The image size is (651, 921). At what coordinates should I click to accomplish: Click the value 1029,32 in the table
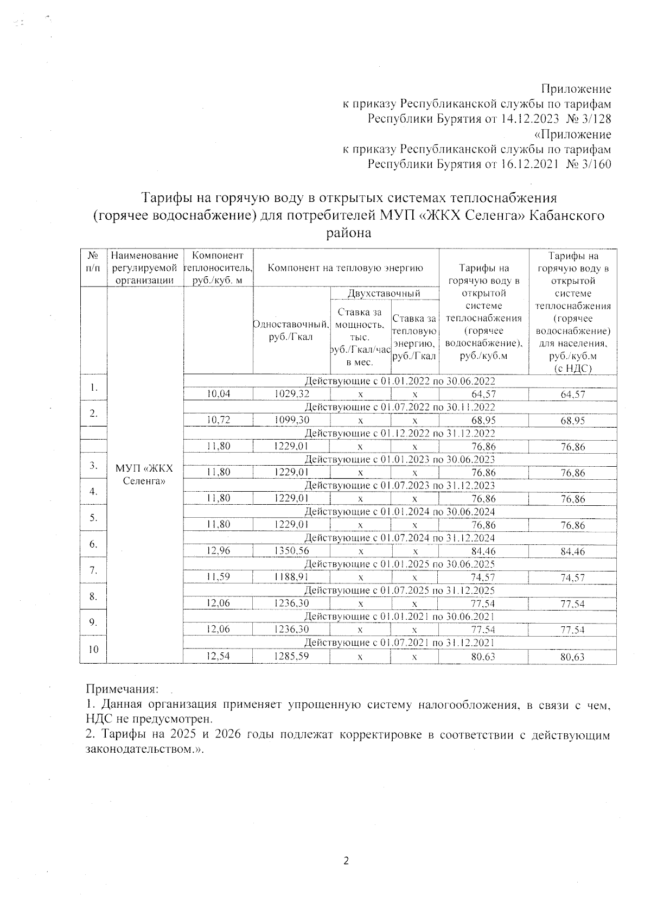click(291, 394)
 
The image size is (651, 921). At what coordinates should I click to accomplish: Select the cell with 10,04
click(219, 394)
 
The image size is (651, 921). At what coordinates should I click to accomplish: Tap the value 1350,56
click(291, 551)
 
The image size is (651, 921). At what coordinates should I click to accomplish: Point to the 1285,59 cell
click(291, 657)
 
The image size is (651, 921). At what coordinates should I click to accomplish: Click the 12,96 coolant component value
click(219, 551)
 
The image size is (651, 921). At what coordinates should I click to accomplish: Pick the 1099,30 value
click(291, 420)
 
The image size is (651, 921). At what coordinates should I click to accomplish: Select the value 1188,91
click(291, 577)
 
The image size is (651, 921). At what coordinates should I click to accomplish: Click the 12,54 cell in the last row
click(219, 657)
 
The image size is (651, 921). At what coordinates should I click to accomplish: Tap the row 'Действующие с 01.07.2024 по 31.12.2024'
click(400, 538)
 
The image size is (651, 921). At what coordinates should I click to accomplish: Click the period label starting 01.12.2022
click(400, 433)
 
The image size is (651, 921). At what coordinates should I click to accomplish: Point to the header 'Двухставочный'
click(384, 293)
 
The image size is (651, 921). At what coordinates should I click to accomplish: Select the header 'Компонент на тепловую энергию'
click(346, 268)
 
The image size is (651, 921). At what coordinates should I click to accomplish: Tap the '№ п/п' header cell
click(93, 261)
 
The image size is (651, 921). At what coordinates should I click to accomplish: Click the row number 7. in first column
click(93, 570)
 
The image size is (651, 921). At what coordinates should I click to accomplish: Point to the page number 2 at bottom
click(346, 860)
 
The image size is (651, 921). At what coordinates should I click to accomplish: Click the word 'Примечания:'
click(122, 689)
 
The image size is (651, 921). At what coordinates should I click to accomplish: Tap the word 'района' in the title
click(348, 233)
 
